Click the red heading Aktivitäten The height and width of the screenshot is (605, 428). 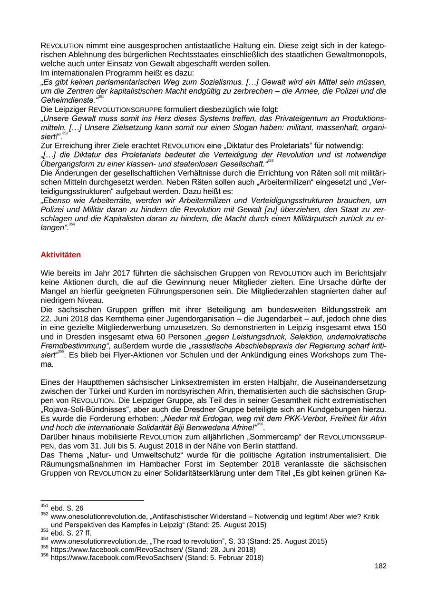[x=61, y=255]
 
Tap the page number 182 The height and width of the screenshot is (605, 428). [x=380, y=566]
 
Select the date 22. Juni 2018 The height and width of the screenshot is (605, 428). [x=66, y=319]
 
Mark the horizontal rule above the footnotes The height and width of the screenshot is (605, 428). [x=92, y=500]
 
